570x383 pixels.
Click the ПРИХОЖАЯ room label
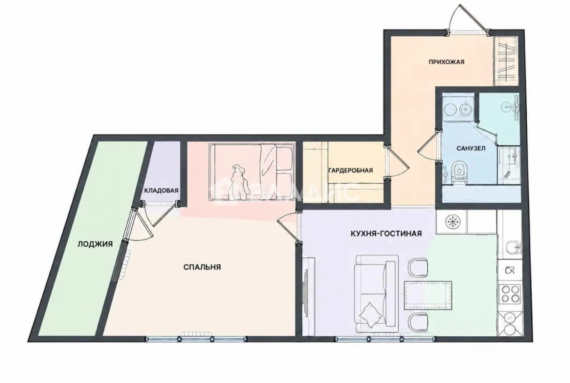tap(446, 62)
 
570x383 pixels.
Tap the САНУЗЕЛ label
tap(471, 148)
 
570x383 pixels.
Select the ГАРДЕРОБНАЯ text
tap(351, 170)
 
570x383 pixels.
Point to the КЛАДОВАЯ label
tap(161, 191)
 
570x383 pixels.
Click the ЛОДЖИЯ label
tap(95, 244)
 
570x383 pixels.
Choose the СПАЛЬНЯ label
tap(202, 267)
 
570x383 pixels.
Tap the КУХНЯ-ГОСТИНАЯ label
tap(386, 233)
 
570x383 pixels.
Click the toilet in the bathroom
tap(458, 173)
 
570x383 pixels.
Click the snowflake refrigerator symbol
tap(453, 221)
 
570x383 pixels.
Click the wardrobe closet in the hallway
tap(506, 61)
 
